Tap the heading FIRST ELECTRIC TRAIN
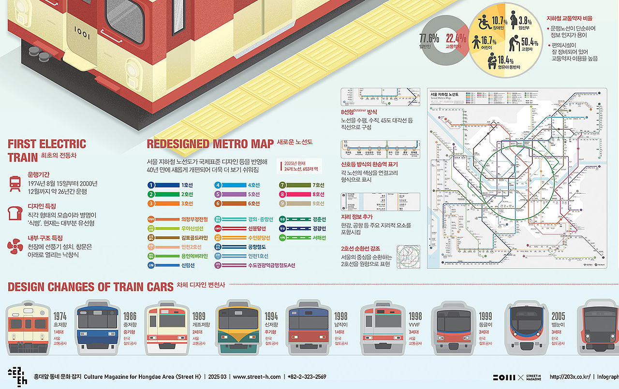(47, 150)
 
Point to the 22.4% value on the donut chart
(456, 38)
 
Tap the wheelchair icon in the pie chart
(484, 22)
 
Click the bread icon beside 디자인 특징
(15, 213)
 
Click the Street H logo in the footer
(17, 377)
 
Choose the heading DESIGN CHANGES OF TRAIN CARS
(90, 287)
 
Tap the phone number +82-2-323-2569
(307, 377)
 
